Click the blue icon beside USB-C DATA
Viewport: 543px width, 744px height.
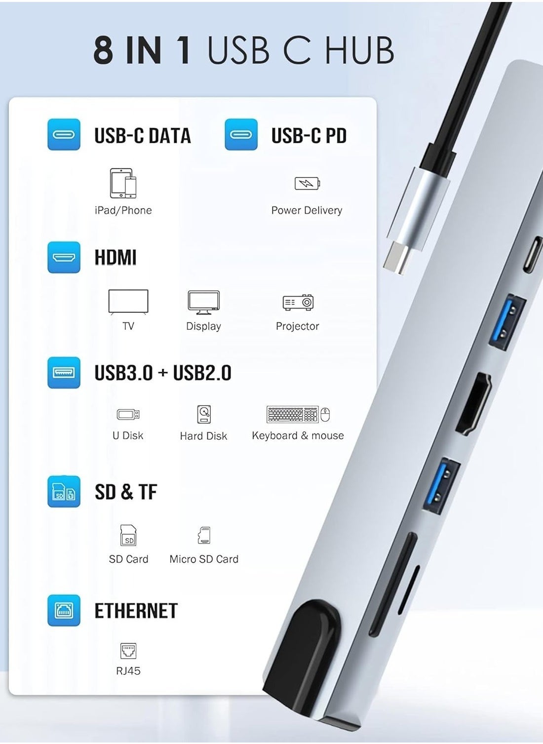point(64,134)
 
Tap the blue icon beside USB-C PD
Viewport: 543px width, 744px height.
point(241,134)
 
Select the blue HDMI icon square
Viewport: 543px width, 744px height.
point(64,257)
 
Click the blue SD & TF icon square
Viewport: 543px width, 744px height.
point(64,492)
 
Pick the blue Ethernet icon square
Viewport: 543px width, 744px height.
point(64,611)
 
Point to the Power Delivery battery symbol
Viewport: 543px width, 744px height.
point(307,183)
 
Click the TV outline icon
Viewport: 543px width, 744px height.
point(128,302)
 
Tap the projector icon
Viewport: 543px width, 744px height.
point(298,302)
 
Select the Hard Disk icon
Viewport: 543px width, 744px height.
point(204,414)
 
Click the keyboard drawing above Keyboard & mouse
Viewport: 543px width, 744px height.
point(293,414)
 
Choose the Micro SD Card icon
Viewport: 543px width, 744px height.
point(204,535)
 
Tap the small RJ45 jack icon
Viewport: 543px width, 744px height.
point(128,651)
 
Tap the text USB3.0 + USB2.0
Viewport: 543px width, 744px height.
point(163,373)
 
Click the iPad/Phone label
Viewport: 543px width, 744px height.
point(123,210)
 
